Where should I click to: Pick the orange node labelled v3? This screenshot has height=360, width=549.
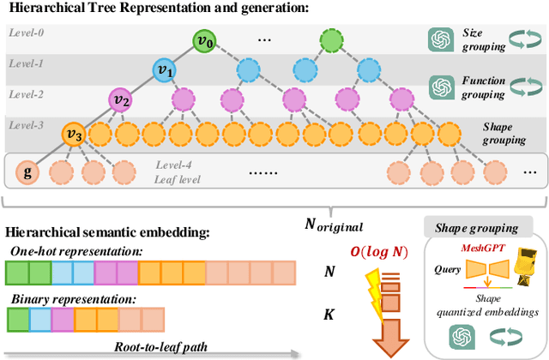(73, 135)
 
